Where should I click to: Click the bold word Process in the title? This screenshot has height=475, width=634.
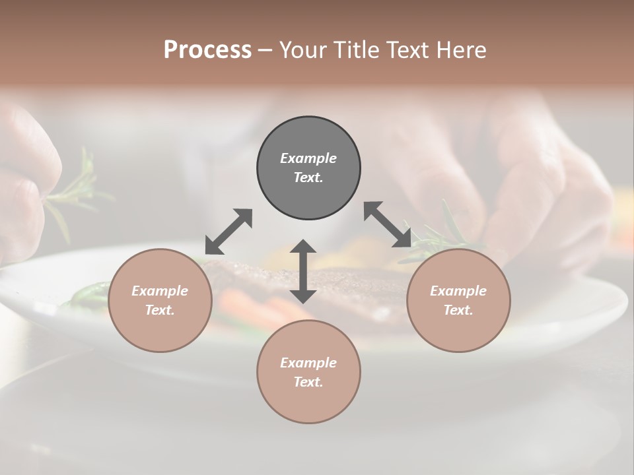point(207,49)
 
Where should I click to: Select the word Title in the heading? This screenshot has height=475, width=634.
point(357,49)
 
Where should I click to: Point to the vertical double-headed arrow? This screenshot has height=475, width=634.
point(303,271)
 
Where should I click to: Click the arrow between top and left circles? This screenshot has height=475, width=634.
point(229,232)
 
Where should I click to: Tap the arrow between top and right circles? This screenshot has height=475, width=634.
point(388,224)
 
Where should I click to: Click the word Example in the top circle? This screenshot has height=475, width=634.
point(308,158)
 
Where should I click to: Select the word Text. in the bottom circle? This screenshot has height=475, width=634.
point(308,382)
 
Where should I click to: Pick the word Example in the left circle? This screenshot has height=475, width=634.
point(160,291)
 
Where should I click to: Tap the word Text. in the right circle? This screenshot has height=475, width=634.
point(458,310)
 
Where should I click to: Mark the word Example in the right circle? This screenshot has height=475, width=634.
point(458,291)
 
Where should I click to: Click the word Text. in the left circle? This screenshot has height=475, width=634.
point(160,310)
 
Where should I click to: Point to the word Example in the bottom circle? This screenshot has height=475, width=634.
point(308,363)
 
